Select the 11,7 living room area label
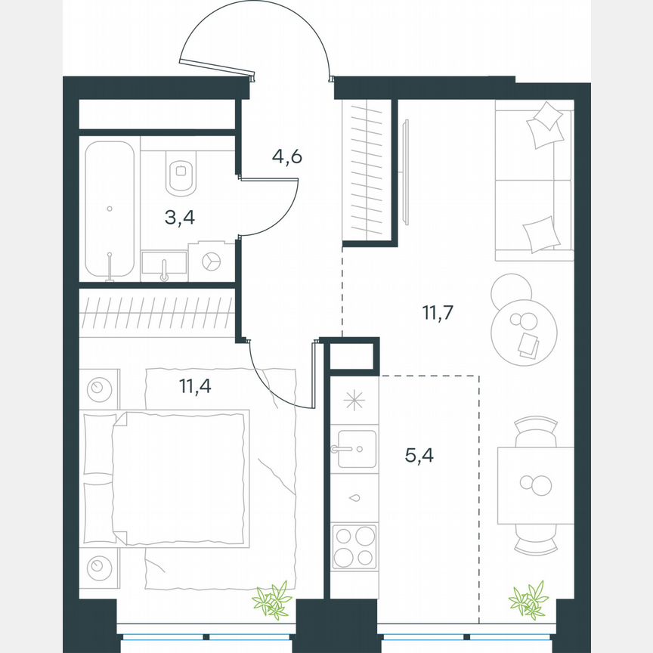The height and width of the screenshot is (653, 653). [x=437, y=311]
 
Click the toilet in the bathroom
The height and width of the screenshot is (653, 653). [x=180, y=174]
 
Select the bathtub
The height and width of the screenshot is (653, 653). [x=110, y=210]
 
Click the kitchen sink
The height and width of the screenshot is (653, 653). [x=355, y=449]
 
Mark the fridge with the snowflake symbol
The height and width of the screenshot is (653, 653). [x=354, y=400]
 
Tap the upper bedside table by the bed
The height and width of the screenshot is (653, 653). [x=98, y=389]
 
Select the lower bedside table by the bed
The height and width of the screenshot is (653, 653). [x=98, y=565]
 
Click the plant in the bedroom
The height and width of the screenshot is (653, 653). [x=271, y=599]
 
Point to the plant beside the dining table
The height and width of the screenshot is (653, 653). [x=528, y=599]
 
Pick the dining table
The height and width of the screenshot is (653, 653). [x=535, y=485]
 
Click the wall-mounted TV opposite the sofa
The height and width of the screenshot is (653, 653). [x=406, y=172]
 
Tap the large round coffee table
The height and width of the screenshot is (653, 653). [x=525, y=329]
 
